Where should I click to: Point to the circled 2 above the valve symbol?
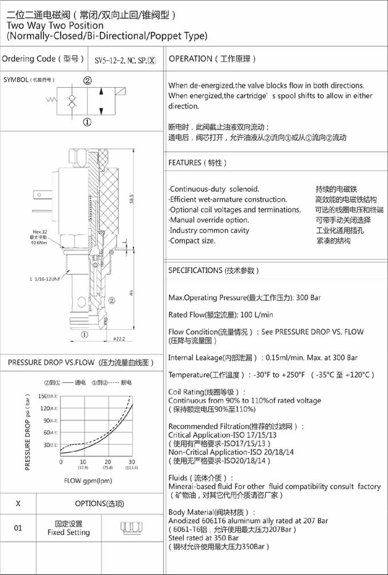click(87, 81)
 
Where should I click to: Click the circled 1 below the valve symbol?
click(87, 122)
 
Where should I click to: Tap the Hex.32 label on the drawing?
click(40, 232)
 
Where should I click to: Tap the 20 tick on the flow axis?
click(107, 461)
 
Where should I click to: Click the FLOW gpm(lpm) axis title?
click(88, 480)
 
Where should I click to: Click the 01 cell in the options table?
click(18, 528)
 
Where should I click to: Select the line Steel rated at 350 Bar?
click(204, 538)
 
